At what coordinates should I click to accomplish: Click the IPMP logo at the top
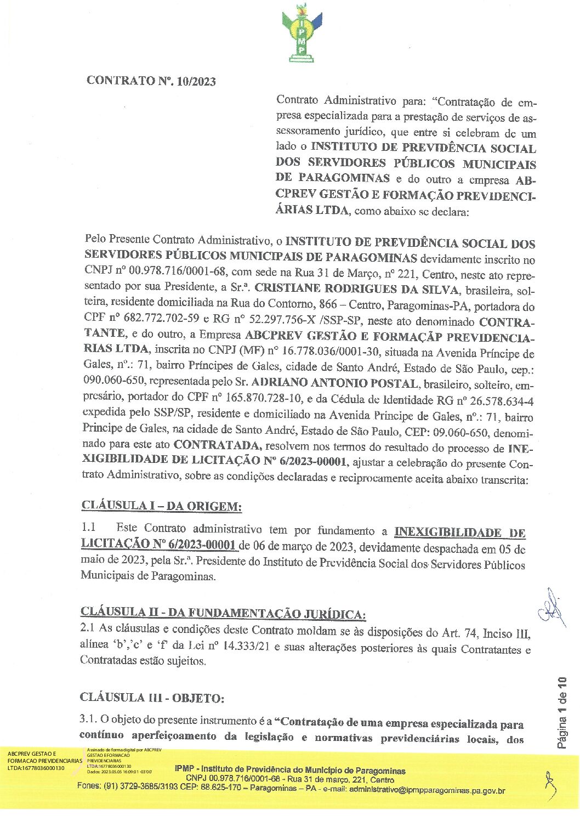[298, 33]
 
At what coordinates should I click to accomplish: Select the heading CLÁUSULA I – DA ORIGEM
[161, 506]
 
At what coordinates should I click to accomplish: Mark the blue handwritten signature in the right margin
[551, 609]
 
